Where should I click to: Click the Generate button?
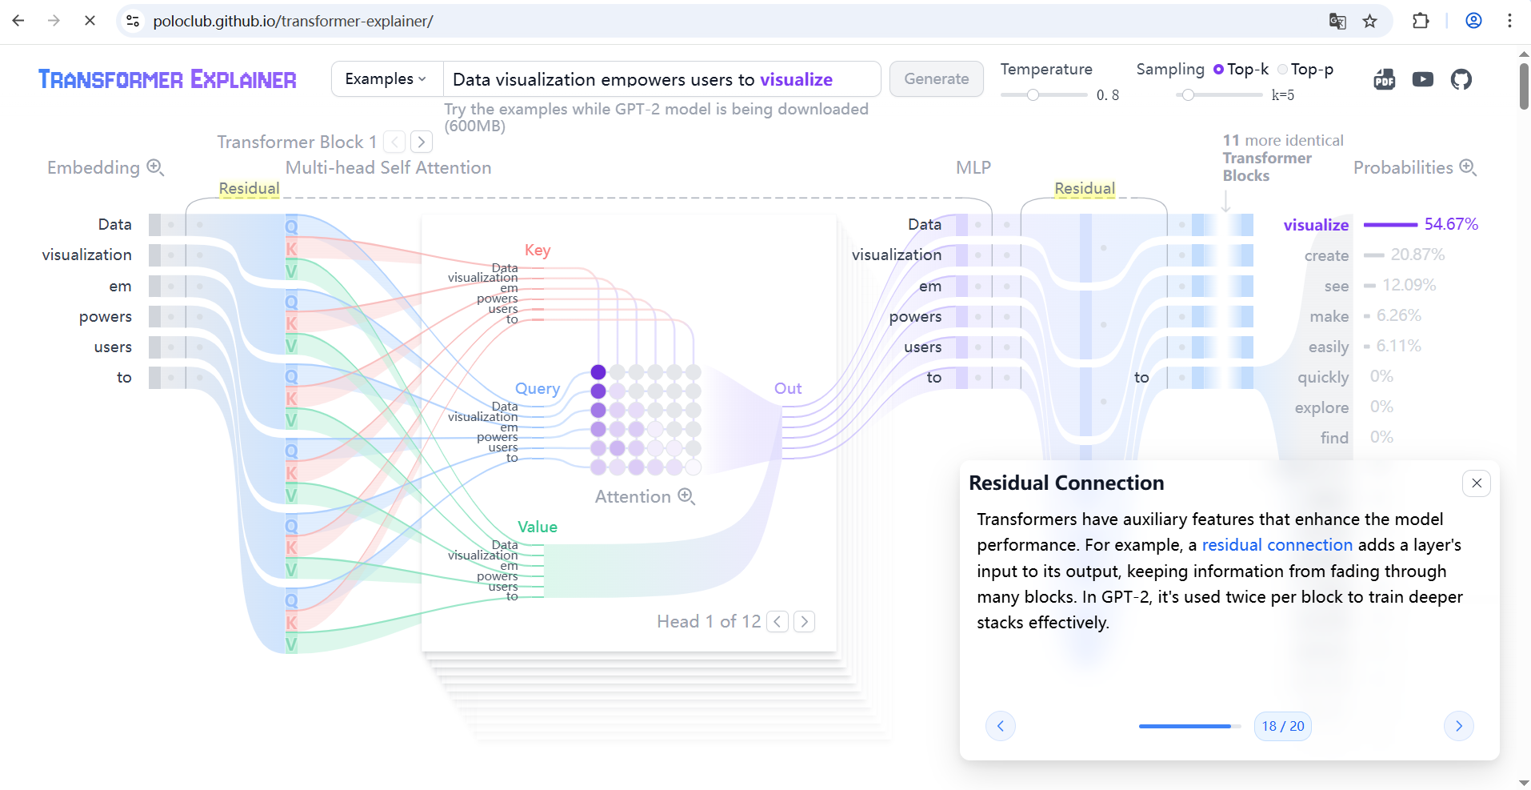(x=936, y=79)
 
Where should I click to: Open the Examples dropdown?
(x=386, y=79)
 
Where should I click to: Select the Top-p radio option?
(x=1283, y=70)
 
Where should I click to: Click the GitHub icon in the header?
(x=1461, y=79)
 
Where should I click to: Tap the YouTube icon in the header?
(x=1422, y=79)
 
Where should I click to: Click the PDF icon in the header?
(x=1384, y=79)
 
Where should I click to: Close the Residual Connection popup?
(x=1476, y=483)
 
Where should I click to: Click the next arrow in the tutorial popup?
(x=1458, y=726)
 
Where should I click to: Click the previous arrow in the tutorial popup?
(x=1000, y=726)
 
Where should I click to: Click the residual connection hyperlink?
(x=1277, y=545)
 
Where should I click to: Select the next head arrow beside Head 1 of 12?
(x=804, y=622)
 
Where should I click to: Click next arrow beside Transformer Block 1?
(x=422, y=142)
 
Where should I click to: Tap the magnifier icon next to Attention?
(x=686, y=497)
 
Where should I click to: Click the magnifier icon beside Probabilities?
(x=1468, y=167)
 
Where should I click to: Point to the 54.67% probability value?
(x=1451, y=224)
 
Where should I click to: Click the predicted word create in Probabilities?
(x=1326, y=255)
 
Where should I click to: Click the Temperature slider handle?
(x=1033, y=95)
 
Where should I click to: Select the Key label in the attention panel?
(x=538, y=251)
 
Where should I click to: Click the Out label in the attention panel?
(x=787, y=389)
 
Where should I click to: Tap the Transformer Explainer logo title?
(x=167, y=79)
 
